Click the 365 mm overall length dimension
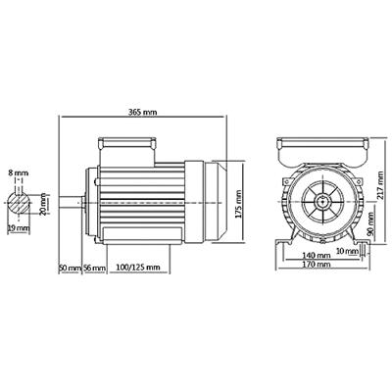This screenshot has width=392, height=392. click(x=143, y=112)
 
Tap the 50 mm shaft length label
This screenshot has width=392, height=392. click(x=69, y=268)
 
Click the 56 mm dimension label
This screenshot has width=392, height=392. click(x=93, y=268)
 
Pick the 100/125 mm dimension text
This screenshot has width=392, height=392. click(x=138, y=268)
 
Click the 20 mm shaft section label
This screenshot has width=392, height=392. click(x=43, y=203)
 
